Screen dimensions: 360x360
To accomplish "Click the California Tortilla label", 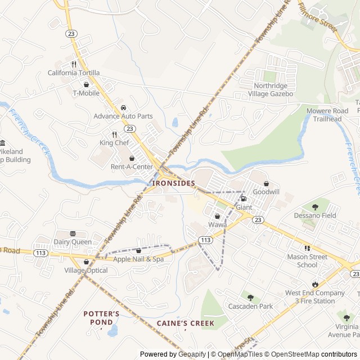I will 73,73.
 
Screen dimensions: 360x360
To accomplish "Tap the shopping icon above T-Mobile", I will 86,85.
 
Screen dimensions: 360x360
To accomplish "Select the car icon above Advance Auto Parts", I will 123,108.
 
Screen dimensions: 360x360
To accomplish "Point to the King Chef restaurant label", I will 114,143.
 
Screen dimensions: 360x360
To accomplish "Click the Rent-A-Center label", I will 132,166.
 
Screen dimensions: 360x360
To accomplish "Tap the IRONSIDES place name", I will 173,183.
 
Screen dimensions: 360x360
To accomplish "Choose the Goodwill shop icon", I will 266,184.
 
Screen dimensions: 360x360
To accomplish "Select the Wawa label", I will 217,225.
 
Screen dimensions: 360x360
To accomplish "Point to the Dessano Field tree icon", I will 314,207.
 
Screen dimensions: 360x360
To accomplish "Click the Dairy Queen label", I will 73,242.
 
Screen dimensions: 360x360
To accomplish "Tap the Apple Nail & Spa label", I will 138,259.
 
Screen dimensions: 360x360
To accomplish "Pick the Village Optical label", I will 86,270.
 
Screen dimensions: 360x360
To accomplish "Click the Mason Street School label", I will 307,261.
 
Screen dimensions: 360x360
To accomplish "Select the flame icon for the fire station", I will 315,285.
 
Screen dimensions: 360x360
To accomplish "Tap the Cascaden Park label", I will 250,306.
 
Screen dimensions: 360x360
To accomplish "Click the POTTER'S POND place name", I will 101,318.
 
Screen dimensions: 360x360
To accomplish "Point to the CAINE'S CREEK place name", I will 185,323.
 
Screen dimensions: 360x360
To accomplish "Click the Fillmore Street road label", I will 317,16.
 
